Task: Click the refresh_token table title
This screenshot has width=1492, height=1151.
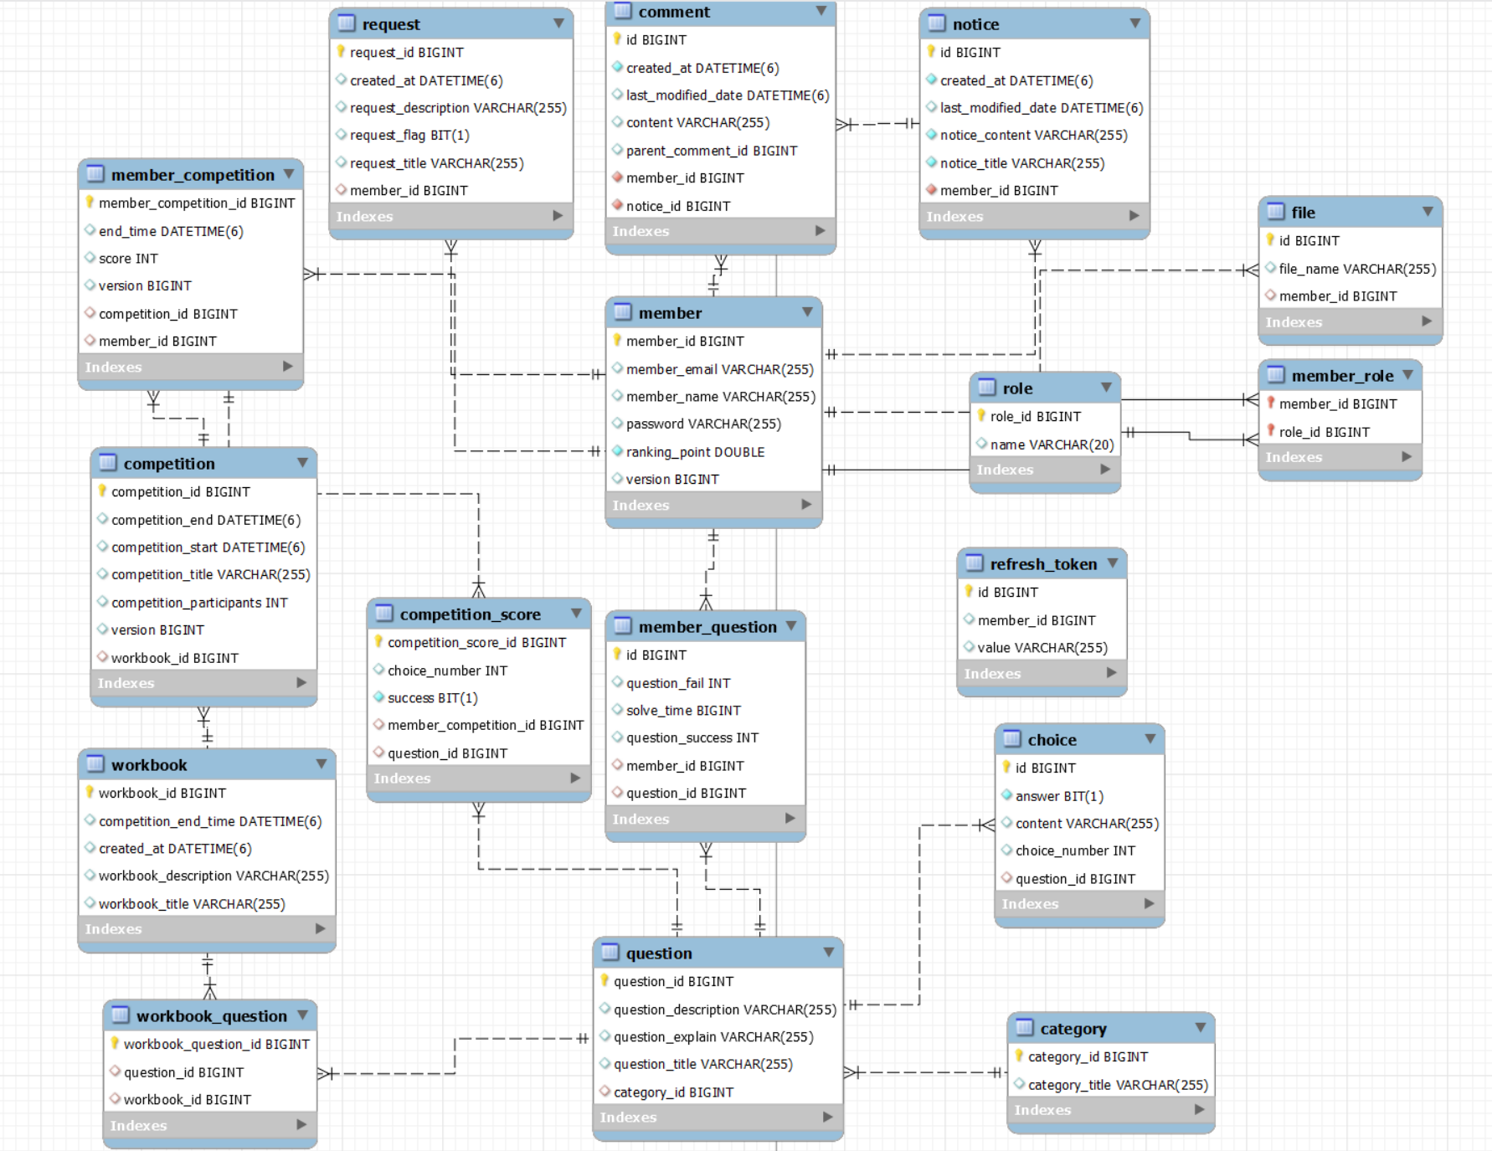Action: coord(1042,564)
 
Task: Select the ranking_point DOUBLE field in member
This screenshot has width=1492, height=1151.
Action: coord(695,452)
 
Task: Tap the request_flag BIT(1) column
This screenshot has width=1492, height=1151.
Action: coord(409,136)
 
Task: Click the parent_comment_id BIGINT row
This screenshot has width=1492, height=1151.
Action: coord(711,151)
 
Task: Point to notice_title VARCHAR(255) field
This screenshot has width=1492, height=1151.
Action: coord(1021,163)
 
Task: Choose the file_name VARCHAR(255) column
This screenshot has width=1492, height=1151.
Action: coord(1356,269)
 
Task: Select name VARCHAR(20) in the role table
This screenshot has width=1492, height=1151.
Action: coord(1051,444)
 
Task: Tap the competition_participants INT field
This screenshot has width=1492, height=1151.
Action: coord(199,603)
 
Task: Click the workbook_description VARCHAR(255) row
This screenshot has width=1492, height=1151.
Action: coord(214,876)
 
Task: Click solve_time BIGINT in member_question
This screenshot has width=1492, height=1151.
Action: coord(683,711)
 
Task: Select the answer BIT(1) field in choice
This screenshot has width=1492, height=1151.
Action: coord(1058,796)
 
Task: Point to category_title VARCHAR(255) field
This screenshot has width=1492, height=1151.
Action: coord(1117,1085)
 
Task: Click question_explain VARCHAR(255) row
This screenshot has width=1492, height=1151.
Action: coord(713,1037)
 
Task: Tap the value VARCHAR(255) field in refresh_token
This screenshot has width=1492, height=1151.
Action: coord(1042,648)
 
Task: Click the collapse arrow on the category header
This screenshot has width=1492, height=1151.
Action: coord(1200,1028)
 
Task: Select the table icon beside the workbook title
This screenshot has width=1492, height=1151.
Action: coord(95,764)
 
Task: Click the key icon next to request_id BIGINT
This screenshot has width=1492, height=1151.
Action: coord(341,52)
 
